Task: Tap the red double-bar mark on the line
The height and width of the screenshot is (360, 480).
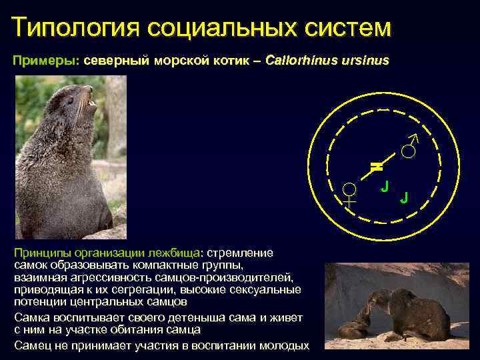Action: tap(376, 165)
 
